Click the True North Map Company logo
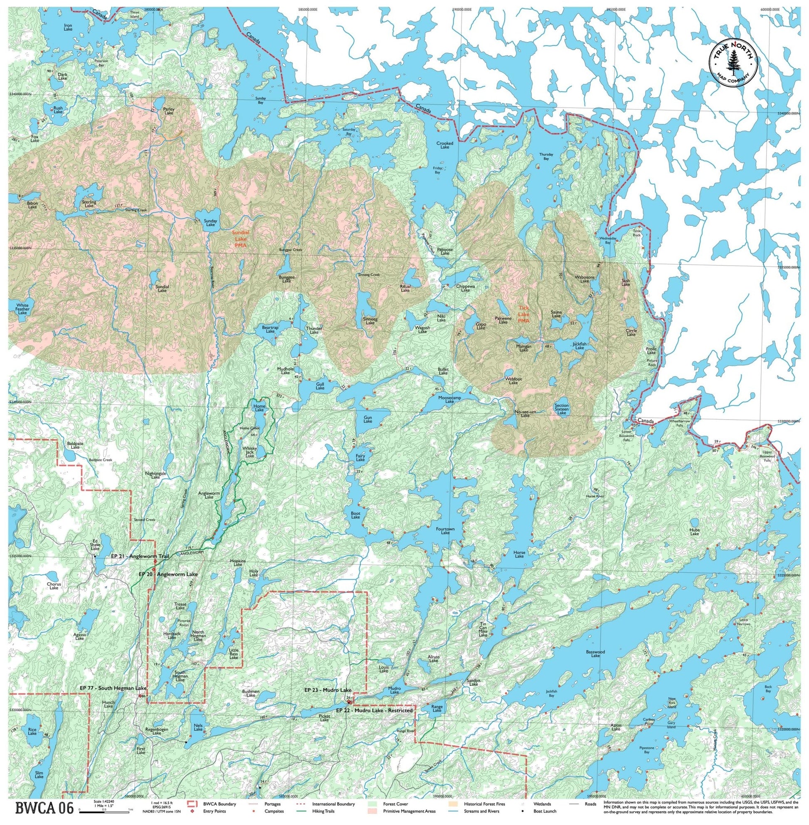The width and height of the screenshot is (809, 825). click(x=735, y=65)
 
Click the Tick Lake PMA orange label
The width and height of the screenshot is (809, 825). click(x=524, y=315)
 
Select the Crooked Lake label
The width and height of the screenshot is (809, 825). click(x=445, y=145)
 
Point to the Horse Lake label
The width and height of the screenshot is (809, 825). click(x=519, y=554)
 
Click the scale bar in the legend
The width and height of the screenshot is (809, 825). click(x=104, y=810)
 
